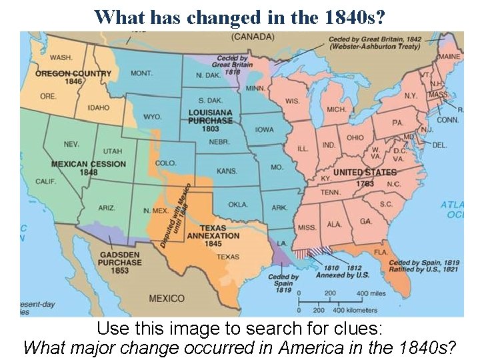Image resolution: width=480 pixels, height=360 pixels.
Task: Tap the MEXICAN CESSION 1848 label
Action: pos(88,168)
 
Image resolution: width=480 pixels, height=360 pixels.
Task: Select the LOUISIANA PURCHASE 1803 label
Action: pos(210,121)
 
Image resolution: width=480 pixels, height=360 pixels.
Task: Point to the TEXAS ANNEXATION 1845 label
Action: pos(213,235)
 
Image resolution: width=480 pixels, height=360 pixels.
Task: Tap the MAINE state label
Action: pos(449,57)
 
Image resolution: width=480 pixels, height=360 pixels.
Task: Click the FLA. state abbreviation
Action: pos(380,253)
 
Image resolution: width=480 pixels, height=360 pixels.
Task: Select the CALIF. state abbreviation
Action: pos(45,181)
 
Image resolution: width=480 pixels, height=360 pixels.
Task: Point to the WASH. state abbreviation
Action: pos(61,58)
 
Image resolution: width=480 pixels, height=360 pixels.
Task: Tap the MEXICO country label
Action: pos(167,298)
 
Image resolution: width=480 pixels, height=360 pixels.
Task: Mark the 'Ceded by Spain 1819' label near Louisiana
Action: pos(283,284)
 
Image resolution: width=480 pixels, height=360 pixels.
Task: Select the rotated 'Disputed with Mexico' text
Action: pos(175,215)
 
